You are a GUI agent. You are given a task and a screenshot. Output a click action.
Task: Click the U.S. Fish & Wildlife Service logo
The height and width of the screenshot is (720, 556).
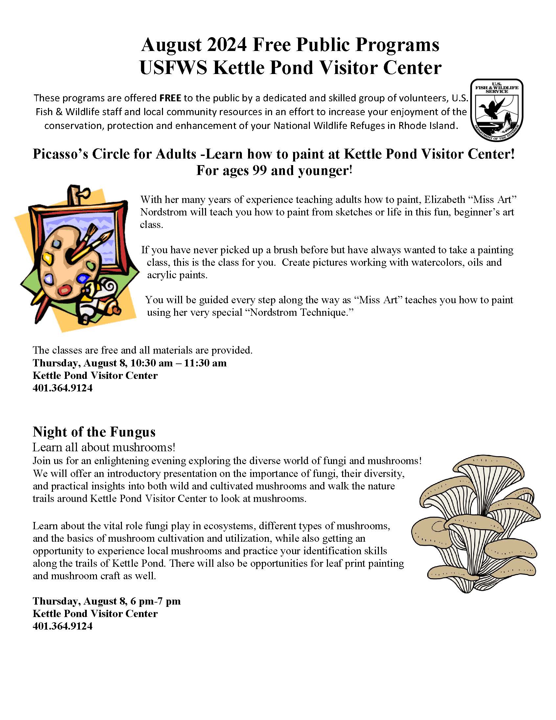tap(497, 110)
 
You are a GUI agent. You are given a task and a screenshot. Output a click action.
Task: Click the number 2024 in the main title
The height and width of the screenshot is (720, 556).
tap(227, 45)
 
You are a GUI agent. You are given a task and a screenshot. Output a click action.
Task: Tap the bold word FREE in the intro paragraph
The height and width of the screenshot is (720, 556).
tap(170, 98)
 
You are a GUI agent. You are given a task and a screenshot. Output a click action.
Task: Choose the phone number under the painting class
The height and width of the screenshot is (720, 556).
tap(62, 388)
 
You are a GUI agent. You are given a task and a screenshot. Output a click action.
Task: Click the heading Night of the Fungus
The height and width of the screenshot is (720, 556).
tap(94, 432)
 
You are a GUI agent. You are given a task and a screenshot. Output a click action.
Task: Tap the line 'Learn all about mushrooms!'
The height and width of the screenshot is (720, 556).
tap(104, 447)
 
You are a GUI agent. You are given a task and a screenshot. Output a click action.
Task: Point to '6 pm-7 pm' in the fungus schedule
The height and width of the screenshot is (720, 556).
tap(155, 601)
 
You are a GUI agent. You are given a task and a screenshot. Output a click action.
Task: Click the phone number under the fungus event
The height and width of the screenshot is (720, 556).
tap(62, 626)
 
